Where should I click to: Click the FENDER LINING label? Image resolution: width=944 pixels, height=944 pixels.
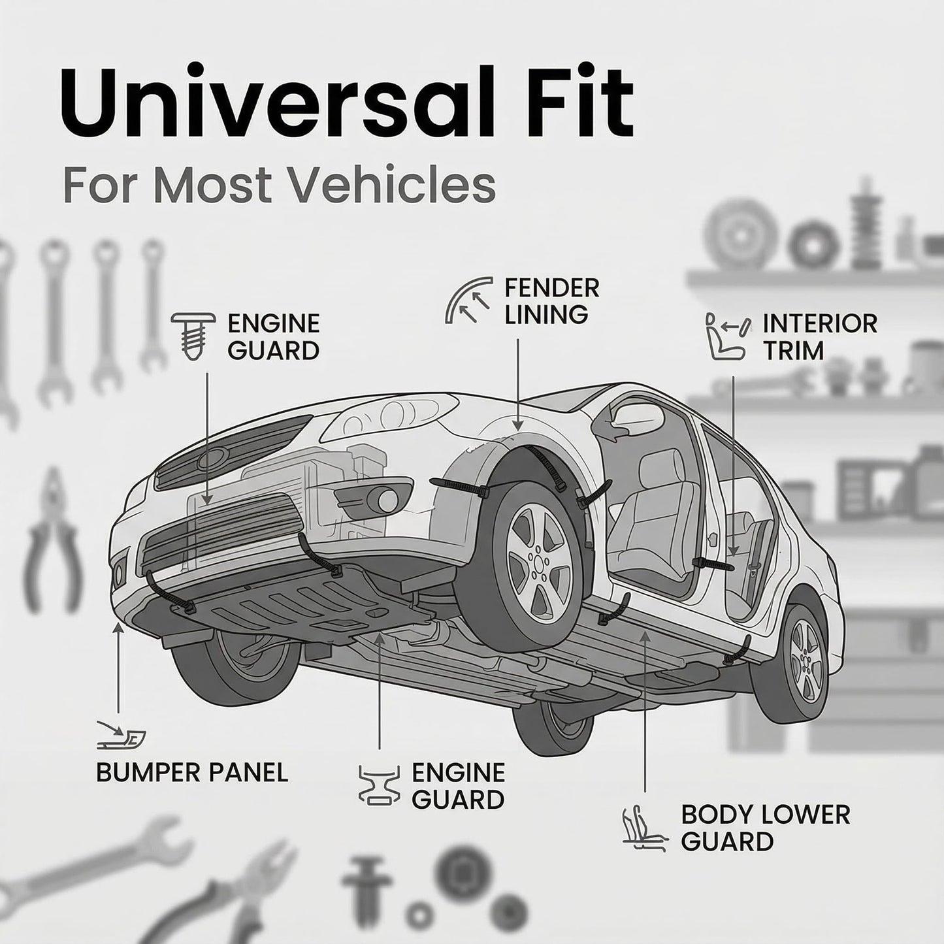552,301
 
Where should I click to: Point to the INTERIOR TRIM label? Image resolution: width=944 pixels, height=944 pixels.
820,337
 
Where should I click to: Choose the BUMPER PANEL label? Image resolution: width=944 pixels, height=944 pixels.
192,773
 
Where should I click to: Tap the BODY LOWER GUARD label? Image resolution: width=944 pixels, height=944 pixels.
765,828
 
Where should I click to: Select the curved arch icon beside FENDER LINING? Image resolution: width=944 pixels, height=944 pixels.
468,300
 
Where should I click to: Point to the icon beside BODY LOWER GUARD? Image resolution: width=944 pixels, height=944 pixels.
643,829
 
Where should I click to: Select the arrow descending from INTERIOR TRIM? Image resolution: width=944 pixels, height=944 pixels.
733,466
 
